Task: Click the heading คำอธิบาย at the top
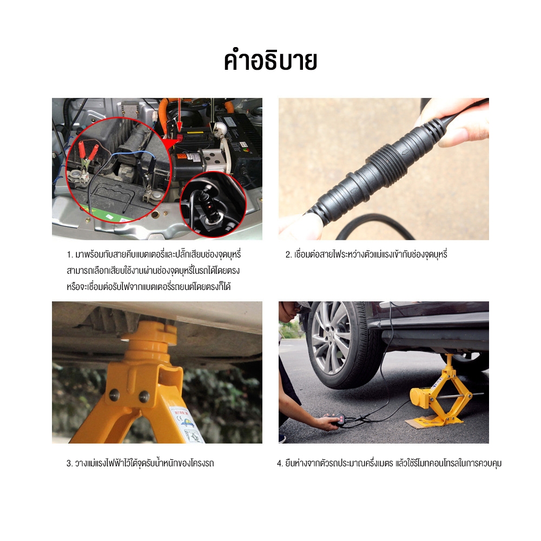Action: coord(270,62)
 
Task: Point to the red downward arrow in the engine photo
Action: coord(179,117)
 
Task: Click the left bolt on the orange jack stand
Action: coord(114,394)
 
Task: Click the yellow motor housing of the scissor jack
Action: coord(419,397)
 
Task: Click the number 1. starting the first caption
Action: coord(70,255)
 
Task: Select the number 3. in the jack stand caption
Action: coord(69,463)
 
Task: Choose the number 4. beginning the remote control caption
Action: coord(280,463)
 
